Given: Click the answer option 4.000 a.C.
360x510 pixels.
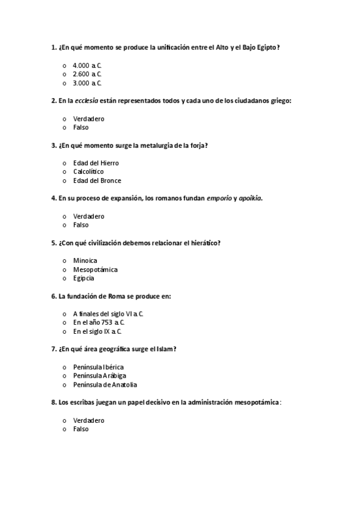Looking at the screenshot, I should (87, 65).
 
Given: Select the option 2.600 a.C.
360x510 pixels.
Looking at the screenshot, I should (87, 74).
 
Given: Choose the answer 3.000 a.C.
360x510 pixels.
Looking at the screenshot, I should (87, 83).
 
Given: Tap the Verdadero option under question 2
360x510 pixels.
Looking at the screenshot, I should (88, 118).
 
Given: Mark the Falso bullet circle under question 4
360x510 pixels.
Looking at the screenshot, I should (64, 226).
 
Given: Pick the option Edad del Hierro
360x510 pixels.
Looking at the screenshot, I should (96, 163).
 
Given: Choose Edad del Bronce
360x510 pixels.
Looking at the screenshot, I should (97, 180).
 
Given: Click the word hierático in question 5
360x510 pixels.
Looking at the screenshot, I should (203, 243).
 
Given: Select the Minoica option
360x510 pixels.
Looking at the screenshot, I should (85, 260).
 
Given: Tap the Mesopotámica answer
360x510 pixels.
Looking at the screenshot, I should (95, 269).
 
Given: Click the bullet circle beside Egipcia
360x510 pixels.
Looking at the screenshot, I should (64, 278).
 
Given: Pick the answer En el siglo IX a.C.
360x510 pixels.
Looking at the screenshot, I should (97, 331).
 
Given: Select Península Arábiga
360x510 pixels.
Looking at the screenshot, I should (99, 376).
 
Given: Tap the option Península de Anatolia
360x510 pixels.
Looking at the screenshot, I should (105, 385).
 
